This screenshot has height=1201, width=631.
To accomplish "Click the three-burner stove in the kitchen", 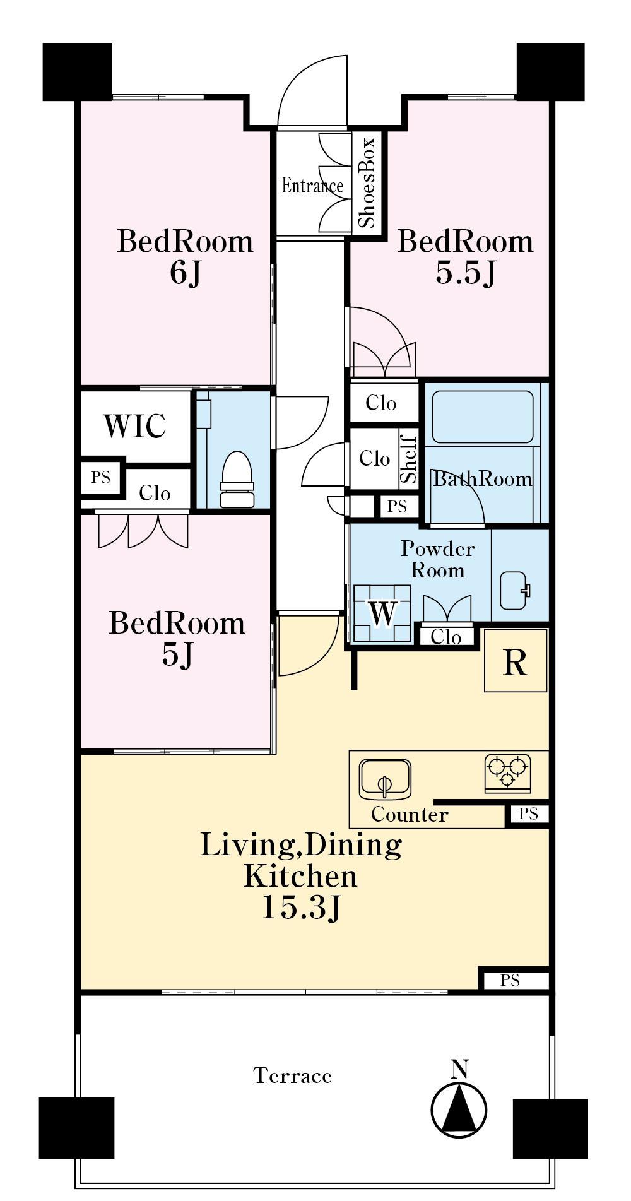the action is [x=507, y=772].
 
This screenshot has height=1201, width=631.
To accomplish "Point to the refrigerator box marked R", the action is [x=516, y=660].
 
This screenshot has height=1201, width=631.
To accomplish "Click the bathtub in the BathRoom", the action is [x=483, y=417].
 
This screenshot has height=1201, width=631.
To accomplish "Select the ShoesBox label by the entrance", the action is [x=366, y=182].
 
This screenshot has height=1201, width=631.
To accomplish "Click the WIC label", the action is [x=134, y=426].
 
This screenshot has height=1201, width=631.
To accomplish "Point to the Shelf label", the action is [x=409, y=458].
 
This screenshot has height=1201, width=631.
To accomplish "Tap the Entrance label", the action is [x=312, y=186].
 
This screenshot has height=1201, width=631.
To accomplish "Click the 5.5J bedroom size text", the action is [x=465, y=273].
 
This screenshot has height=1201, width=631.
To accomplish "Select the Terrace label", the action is [x=292, y=1075].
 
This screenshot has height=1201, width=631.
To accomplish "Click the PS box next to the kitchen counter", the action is [x=528, y=814].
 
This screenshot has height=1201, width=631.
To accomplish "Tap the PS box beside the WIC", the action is [x=101, y=477].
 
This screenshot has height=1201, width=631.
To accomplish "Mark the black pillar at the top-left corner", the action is [x=77, y=71].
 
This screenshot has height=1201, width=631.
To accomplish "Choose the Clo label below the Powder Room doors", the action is [x=445, y=637].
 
